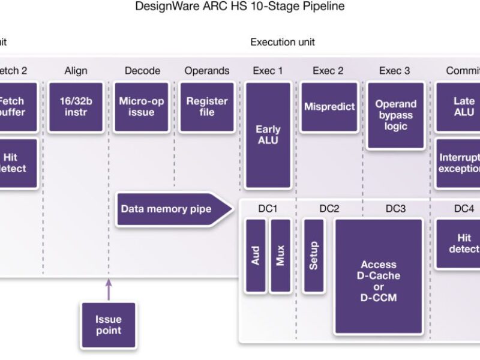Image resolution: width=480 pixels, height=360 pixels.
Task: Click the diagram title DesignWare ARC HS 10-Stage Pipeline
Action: [240, 7]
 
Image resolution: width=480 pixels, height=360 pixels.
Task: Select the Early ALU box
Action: [268, 135]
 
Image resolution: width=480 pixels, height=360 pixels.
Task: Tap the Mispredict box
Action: [329, 107]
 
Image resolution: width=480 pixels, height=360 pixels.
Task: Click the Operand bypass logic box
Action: [395, 115]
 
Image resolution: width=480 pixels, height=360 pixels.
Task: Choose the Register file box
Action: [207, 107]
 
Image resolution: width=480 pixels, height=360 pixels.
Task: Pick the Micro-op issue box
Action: [142, 107]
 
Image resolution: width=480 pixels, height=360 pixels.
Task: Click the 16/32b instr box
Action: [76, 107]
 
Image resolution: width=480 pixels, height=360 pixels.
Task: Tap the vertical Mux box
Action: [280, 256]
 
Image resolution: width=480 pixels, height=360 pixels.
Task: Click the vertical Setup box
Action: [314, 256]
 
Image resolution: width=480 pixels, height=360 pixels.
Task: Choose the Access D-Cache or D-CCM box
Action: [379, 276]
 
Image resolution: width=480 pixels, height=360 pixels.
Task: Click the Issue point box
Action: [109, 325]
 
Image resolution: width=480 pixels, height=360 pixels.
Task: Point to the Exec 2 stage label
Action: [328, 71]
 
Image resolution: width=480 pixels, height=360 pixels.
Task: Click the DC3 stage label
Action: [395, 208]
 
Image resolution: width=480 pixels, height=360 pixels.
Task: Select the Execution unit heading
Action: [282, 42]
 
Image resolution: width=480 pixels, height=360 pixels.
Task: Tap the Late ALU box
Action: [463, 107]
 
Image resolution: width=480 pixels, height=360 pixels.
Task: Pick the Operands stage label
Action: [207, 71]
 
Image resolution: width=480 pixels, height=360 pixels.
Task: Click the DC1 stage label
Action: [268, 208]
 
